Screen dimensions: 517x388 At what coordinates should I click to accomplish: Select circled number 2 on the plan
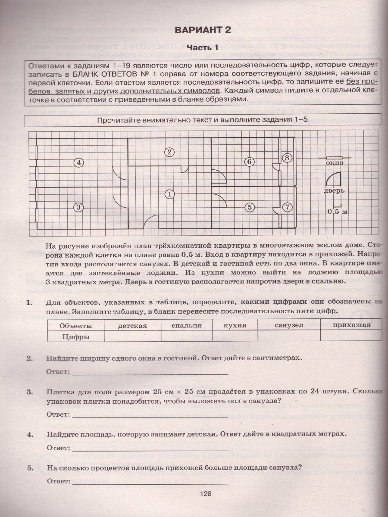tap(170, 152)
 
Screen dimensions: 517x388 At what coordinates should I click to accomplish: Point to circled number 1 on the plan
tap(170, 194)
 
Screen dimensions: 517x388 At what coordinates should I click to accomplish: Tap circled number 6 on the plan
tap(249, 162)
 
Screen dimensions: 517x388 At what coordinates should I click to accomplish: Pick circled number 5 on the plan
tap(249, 207)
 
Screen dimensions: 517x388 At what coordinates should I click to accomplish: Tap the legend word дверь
tap(335, 191)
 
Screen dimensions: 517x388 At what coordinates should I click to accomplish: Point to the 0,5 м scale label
tap(337, 212)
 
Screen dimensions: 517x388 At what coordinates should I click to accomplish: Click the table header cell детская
tap(132, 325)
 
